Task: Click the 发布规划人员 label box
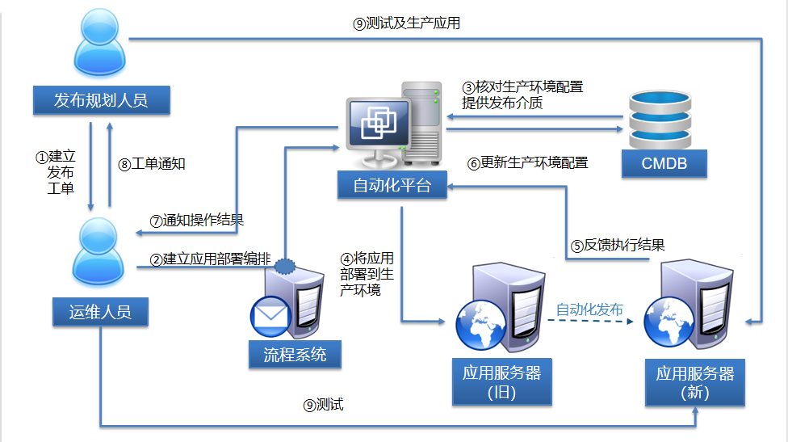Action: pos(101,99)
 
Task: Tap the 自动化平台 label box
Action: pos(392,186)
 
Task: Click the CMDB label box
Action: pos(664,164)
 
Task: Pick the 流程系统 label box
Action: pos(295,354)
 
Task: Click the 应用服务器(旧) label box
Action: pos(501,382)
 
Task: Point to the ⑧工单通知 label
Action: pos(152,164)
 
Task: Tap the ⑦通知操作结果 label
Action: pos(197,220)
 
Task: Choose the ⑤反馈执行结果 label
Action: pos(618,245)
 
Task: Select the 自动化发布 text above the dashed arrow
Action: pos(589,309)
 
